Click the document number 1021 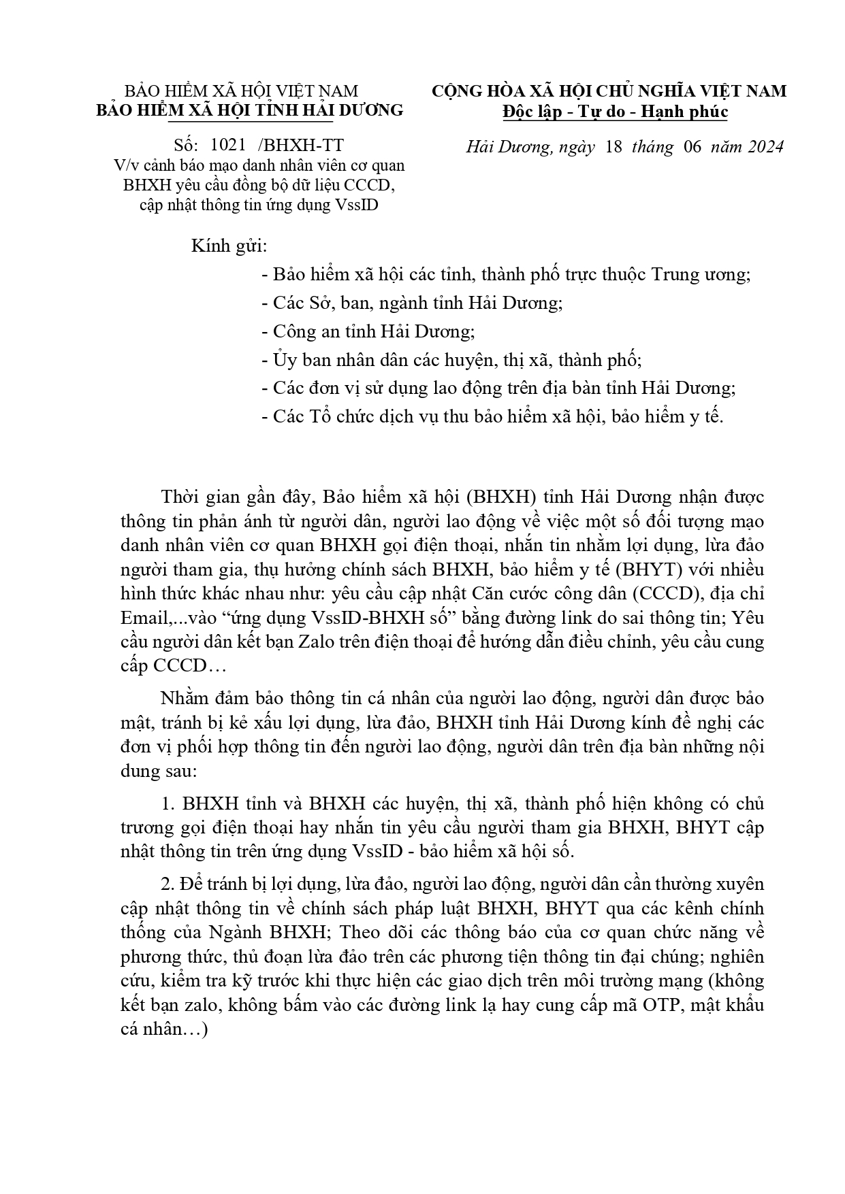223,145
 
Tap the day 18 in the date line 613,146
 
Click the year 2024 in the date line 764,146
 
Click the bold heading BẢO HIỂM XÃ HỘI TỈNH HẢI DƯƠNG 249,110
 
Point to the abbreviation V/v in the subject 126,165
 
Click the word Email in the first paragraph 143,618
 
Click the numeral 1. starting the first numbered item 169,803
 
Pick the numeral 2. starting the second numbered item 169,884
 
